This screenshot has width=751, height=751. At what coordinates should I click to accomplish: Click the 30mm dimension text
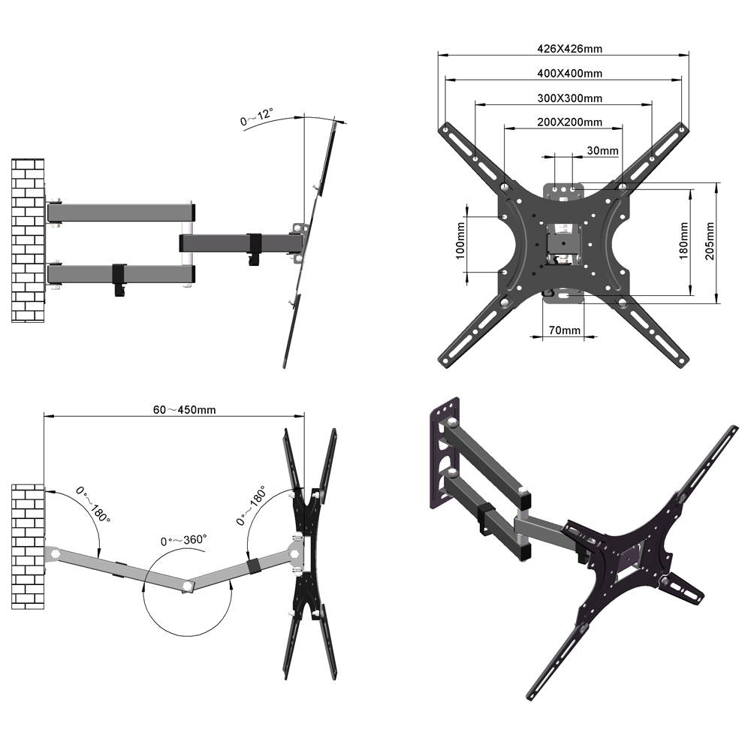602,151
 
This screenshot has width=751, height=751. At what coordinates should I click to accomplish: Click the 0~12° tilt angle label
257,118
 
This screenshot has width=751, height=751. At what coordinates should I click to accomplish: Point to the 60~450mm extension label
185,410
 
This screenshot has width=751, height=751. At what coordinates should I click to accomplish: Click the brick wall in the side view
28,240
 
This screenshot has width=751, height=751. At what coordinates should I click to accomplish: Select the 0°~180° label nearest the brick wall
93,505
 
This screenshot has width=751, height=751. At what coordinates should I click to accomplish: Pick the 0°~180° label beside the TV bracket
252,505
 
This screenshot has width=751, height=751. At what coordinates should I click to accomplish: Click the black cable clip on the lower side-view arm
119,278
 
